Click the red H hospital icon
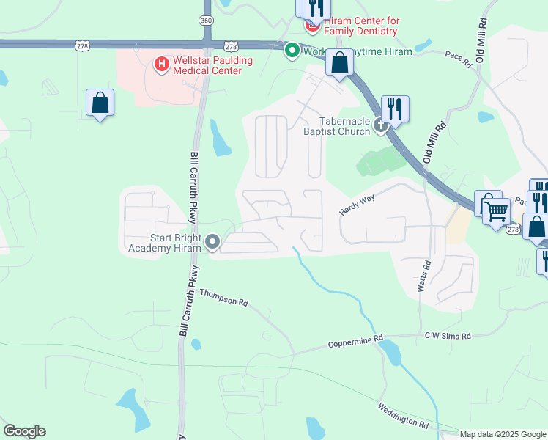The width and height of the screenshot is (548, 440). pos(161,65)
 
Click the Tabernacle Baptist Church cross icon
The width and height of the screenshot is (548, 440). pos(380,125)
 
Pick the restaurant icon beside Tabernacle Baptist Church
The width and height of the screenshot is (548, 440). pos(395,108)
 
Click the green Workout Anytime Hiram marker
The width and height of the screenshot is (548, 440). pos(292,51)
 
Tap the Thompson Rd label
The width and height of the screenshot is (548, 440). pos(224,297)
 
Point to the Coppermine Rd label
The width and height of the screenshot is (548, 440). pos(355,342)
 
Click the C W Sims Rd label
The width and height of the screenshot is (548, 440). pos(448,336)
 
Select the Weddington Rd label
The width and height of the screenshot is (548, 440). pos(403,415)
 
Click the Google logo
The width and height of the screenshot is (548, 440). pos(24,431)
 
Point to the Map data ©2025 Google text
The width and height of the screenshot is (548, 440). pos(502,434)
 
